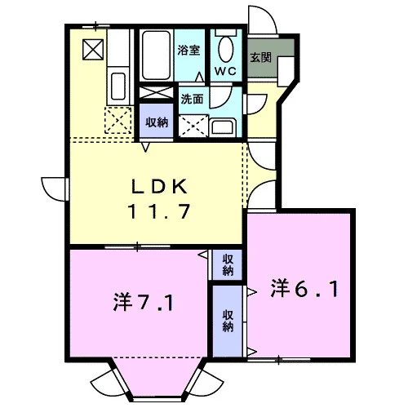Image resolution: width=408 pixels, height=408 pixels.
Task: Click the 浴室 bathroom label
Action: [188, 51]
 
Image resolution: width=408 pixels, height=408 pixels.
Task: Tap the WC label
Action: [225, 71]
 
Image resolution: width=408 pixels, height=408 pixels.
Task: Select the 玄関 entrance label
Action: [260, 57]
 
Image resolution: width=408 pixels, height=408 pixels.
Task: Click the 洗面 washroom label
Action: [192, 99]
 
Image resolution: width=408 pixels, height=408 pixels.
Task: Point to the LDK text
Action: [160, 186]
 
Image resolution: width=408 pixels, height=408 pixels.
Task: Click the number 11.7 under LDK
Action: [159, 211]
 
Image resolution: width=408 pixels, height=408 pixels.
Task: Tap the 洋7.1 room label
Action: [143, 302]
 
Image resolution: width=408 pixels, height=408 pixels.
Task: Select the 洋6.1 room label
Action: [304, 289]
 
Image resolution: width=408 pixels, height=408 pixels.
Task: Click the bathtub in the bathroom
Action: [157, 55]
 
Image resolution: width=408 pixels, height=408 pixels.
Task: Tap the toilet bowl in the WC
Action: [226, 50]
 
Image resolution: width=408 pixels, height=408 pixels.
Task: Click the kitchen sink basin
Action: [118, 86]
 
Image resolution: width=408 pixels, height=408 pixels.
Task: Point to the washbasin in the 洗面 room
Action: [223, 126]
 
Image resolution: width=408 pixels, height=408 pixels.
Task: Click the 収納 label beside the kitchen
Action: [157, 122]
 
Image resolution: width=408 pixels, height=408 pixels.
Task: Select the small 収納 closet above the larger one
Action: [228, 264]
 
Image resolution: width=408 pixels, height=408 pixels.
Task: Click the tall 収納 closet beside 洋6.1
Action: [228, 321]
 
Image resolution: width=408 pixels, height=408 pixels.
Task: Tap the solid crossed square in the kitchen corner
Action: [93, 50]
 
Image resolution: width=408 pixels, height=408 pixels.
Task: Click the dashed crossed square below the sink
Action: [118, 120]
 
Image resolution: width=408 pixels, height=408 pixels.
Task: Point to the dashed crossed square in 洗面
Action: [193, 126]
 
